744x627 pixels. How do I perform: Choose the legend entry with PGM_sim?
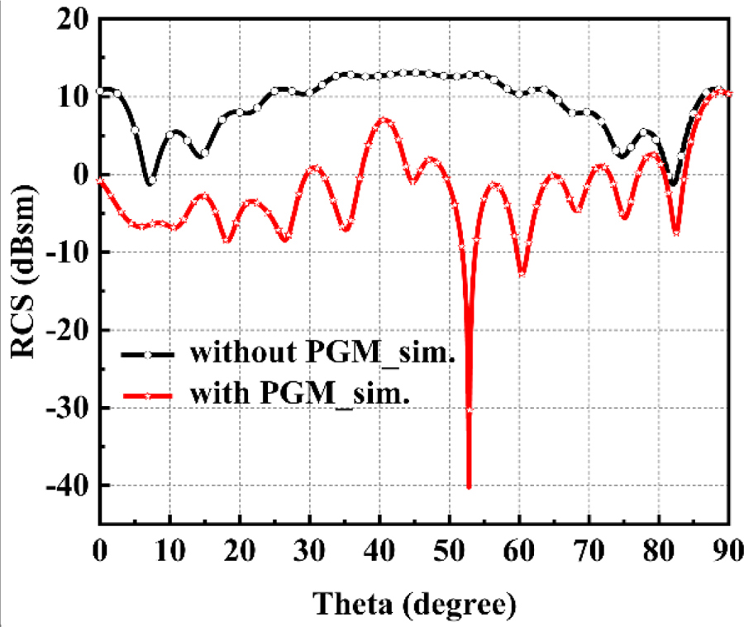(301, 394)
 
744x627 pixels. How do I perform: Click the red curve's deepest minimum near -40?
(469, 487)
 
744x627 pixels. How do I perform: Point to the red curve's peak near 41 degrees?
(385, 120)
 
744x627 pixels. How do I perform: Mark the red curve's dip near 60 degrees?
(522, 273)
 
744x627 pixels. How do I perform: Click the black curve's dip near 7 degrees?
(149, 184)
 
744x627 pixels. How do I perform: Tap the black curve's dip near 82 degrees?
(673, 184)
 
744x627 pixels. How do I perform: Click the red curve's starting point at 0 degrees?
(100, 180)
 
